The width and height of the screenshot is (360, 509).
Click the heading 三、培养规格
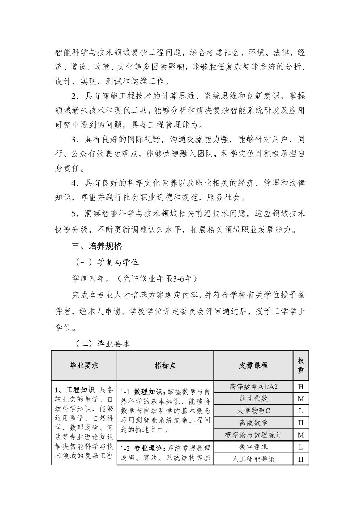pos(97,246)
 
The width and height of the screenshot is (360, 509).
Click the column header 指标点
pos(165,366)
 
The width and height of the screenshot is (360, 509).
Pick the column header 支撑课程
pos(253,366)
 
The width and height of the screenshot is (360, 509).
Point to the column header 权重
pos(301,366)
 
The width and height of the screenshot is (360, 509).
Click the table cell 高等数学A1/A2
pos(253,387)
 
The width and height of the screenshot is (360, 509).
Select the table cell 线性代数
pos(253,399)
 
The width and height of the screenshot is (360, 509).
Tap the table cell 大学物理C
pos(253,411)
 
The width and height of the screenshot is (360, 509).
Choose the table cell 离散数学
pos(253,423)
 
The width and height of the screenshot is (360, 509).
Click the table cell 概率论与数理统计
pos(253,435)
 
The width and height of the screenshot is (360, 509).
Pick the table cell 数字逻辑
pos(253,447)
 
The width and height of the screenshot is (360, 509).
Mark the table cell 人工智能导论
pos(253,459)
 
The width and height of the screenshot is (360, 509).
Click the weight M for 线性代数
pos(301,399)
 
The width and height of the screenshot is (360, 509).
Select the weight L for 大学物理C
pos(301,411)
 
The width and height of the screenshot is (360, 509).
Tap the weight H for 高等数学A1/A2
pos(301,387)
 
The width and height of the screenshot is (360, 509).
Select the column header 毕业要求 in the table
pos(84,366)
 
